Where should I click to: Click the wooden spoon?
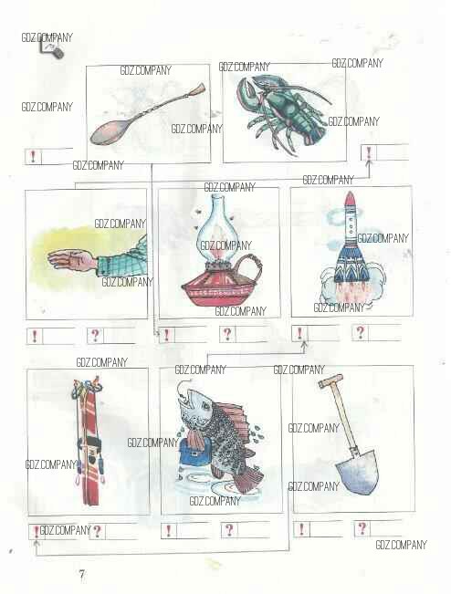point(148,114)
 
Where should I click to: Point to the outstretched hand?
point(72,260)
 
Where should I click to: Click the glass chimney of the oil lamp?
point(216,227)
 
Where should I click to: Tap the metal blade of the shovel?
point(357,473)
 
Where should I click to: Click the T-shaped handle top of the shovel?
point(330,380)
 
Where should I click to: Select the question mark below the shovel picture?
point(362,528)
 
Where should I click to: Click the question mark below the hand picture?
point(95,335)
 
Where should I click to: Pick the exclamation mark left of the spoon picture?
point(33,156)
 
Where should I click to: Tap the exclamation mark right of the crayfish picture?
point(369,152)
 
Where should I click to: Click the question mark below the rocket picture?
point(360,332)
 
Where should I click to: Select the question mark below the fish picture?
point(229,529)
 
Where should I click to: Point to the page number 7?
point(82,575)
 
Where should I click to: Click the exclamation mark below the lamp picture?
point(166,335)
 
